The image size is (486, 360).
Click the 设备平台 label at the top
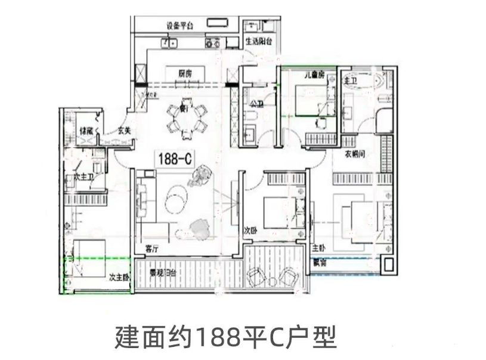tap(179, 26)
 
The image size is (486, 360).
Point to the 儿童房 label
tap(314, 75)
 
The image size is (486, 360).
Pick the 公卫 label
tap(256, 104)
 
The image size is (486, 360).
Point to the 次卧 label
tap(250, 229)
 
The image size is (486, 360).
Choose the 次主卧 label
tap(119, 278)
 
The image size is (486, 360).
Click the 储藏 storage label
tap(86, 130)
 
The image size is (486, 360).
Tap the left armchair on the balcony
tap(258, 276)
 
